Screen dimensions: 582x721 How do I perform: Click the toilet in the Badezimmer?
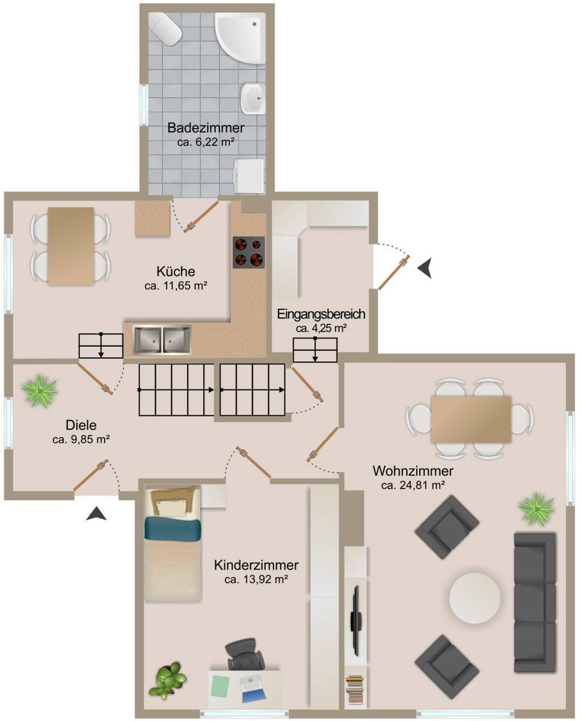pyautogui.click(x=165, y=29)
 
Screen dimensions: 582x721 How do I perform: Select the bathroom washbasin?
pyautogui.click(x=253, y=98)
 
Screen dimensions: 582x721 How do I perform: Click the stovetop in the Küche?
pyautogui.click(x=249, y=252)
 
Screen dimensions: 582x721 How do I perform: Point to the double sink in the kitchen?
pyautogui.click(x=162, y=340)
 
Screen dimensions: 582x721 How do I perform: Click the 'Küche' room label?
pyautogui.click(x=176, y=271)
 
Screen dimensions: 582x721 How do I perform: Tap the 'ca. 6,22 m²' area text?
pyautogui.click(x=206, y=142)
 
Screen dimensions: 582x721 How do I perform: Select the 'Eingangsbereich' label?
pyautogui.click(x=321, y=314)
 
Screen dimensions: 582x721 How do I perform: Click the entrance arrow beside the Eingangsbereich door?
pyautogui.click(x=425, y=269)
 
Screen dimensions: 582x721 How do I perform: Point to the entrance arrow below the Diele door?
pyautogui.click(x=96, y=513)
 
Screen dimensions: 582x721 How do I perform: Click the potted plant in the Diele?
pyautogui.click(x=40, y=391)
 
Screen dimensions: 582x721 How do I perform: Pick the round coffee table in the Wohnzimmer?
pyautogui.click(x=475, y=597)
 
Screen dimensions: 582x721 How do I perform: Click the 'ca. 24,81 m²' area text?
pyautogui.click(x=413, y=485)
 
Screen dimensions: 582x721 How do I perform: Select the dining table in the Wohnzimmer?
pyautogui.click(x=471, y=419)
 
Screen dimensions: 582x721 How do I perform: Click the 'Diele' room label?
pyautogui.click(x=81, y=425)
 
